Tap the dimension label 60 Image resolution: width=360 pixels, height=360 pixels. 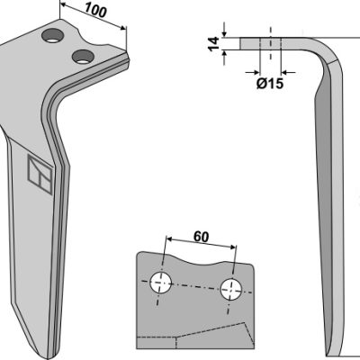tap(201, 237)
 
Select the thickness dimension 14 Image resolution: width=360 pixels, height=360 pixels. tap(214, 44)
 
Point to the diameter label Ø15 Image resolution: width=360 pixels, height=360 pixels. tap(270, 84)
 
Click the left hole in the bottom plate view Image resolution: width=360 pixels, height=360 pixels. tap(161, 283)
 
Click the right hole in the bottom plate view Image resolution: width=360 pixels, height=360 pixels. tap(231, 289)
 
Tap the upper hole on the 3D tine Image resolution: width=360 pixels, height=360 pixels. tap(53, 36)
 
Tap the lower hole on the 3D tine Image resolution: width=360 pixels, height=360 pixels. tap(83, 57)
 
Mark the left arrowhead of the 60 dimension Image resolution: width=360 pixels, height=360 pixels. tap(169, 239)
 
